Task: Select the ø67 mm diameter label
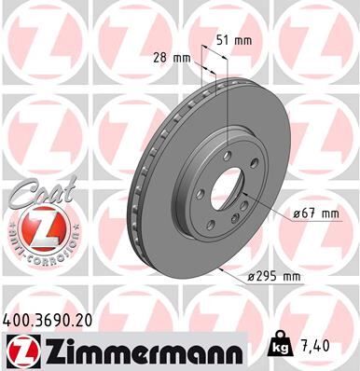[x=314, y=213]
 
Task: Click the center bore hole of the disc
[x=225, y=186]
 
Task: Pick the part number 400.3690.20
[x=47, y=318]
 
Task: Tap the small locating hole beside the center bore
[x=242, y=204]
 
